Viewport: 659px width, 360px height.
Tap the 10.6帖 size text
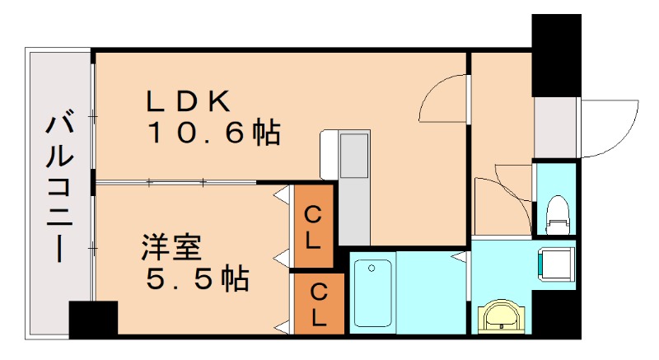[213, 133]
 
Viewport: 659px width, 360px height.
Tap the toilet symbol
[557, 212]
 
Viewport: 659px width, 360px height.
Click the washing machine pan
[556, 264]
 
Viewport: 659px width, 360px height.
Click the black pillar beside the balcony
[92, 320]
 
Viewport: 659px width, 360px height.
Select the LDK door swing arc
[445, 97]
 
